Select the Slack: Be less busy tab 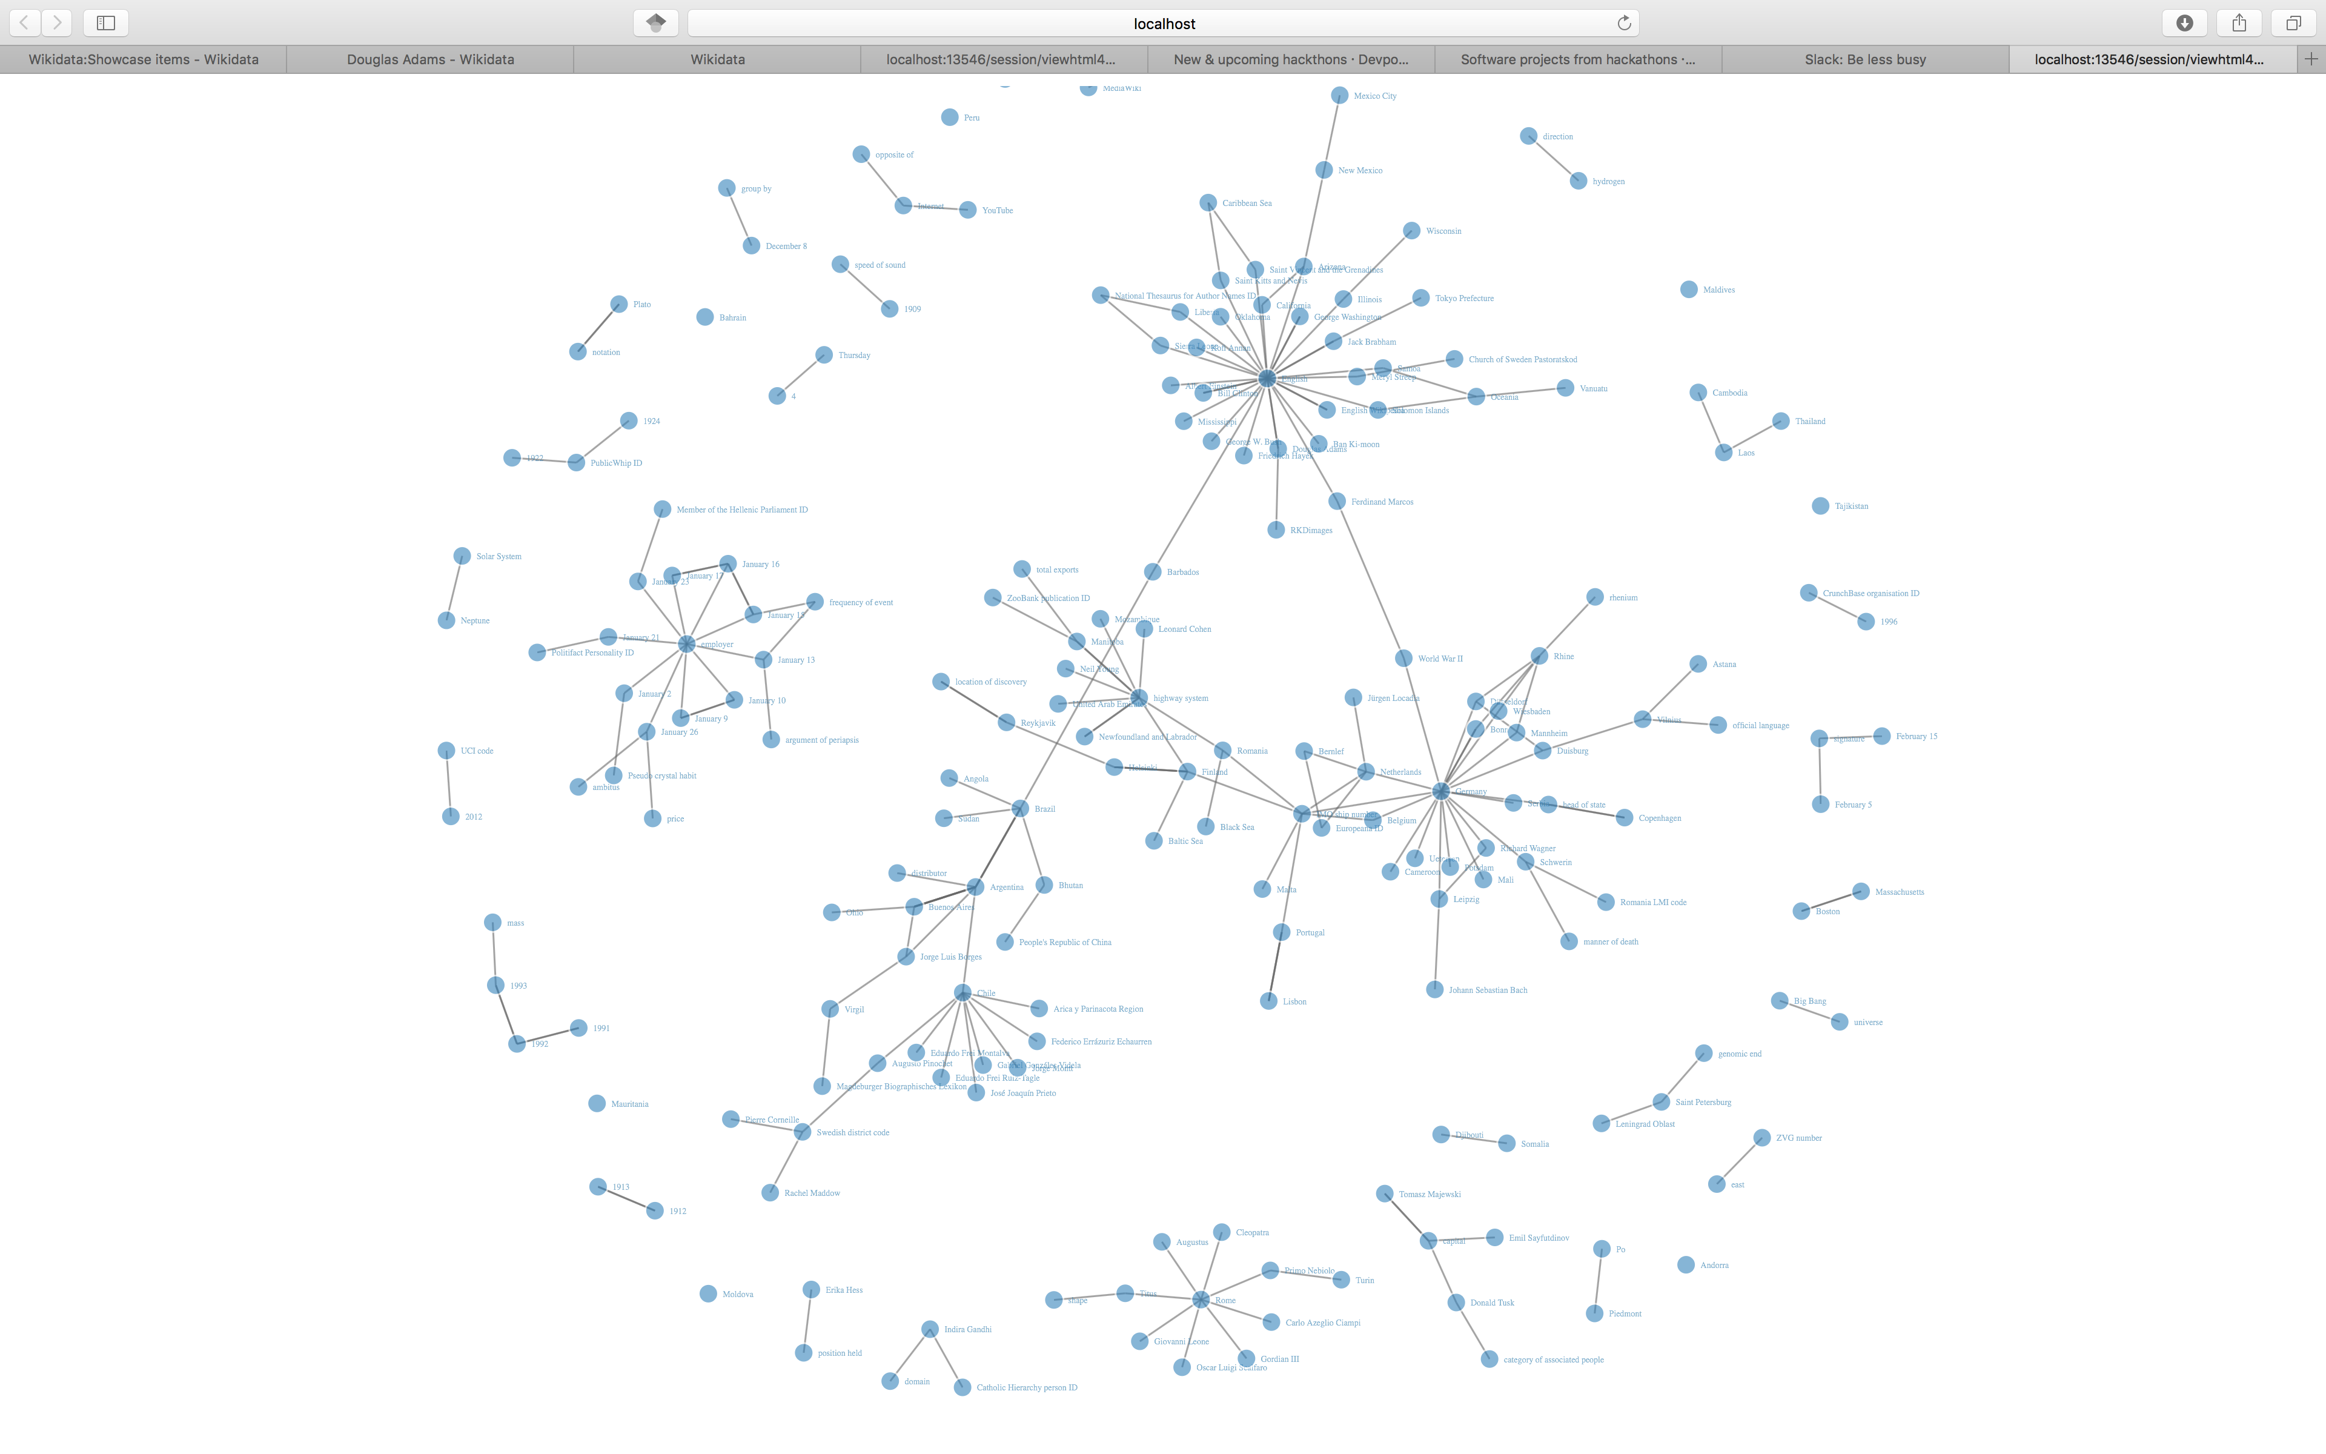pyautogui.click(x=1864, y=59)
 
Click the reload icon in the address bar pyautogui.click(x=1625, y=23)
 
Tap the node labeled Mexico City pyautogui.click(x=1339, y=95)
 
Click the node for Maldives pyautogui.click(x=1689, y=290)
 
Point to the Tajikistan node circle pyautogui.click(x=1820, y=506)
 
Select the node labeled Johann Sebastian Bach pyautogui.click(x=1435, y=989)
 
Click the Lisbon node pyautogui.click(x=1269, y=1001)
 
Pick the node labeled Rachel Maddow pyautogui.click(x=770, y=1192)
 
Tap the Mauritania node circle pyautogui.click(x=597, y=1103)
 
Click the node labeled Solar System pyautogui.click(x=462, y=556)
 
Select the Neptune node pyautogui.click(x=447, y=620)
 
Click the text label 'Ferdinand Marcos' pyautogui.click(x=1382, y=502)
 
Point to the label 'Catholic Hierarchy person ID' pyautogui.click(x=1027, y=1387)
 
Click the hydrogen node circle pyautogui.click(x=1578, y=181)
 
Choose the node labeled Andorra pyautogui.click(x=1686, y=1264)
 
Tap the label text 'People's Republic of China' pyautogui.click(x=1065, y=943)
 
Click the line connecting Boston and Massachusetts pyautogui.click(x=1831, y=901)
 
